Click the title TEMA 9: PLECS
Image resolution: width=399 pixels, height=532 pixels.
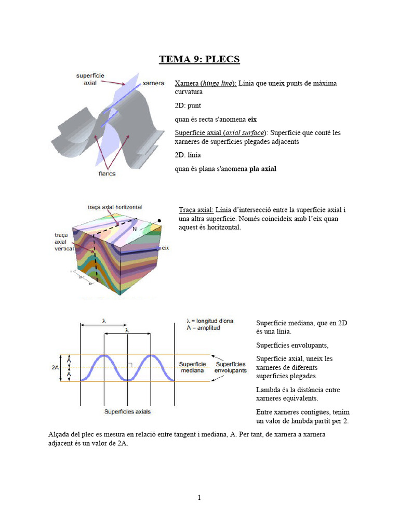(x=199, y=59)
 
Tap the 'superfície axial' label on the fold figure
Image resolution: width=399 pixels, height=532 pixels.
(x=90, y=79)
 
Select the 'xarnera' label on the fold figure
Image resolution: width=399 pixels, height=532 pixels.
(x=153, y=83)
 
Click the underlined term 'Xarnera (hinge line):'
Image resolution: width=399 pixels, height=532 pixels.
(x=206, y=83)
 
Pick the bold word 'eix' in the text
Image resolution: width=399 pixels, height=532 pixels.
(x=252, y=119)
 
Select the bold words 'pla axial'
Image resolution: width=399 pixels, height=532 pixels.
(x=263, y=168)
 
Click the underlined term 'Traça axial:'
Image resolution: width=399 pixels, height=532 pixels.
(x=196, y=209)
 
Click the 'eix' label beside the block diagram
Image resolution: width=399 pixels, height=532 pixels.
(x=166, y=248)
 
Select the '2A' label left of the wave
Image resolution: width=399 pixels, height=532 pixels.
(x=56, y=367)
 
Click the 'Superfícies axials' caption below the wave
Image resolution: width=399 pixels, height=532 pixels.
(x=127, y=411)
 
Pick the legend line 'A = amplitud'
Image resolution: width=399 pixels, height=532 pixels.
(x=203, y=328)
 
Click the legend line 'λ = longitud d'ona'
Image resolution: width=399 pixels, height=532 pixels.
(x=210, y=321)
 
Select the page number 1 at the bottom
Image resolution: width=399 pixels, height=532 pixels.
(x=199, y=497)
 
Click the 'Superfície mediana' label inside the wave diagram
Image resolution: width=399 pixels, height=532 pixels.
(x=192, y=367)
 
